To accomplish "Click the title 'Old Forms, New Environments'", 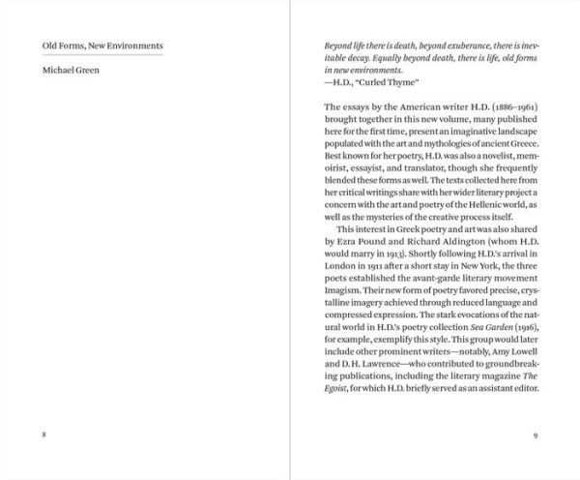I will (102, 45).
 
